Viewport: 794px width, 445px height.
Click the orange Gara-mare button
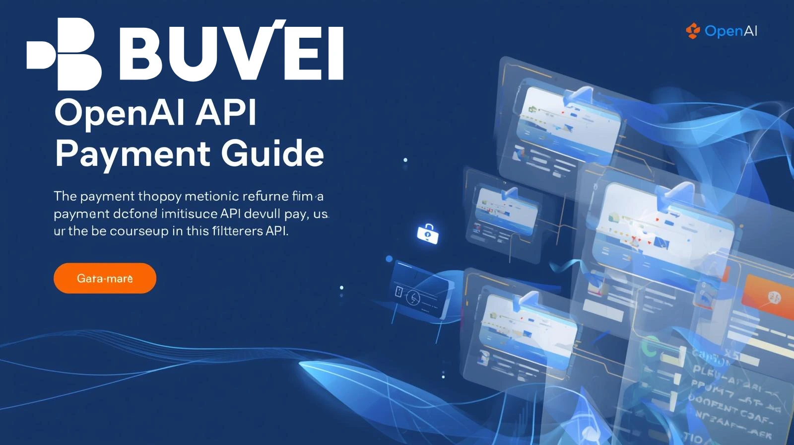(105, 278)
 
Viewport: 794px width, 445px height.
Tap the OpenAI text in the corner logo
(731, 31)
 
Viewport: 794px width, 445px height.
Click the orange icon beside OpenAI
(693, 31)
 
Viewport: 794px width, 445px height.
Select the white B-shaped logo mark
(65, 54)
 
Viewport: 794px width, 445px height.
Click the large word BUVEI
(231, 52)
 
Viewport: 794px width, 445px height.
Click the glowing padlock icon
(428, 233)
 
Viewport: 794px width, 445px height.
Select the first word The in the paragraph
(65, 196)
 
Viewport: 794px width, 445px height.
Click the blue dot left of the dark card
(389, 259)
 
